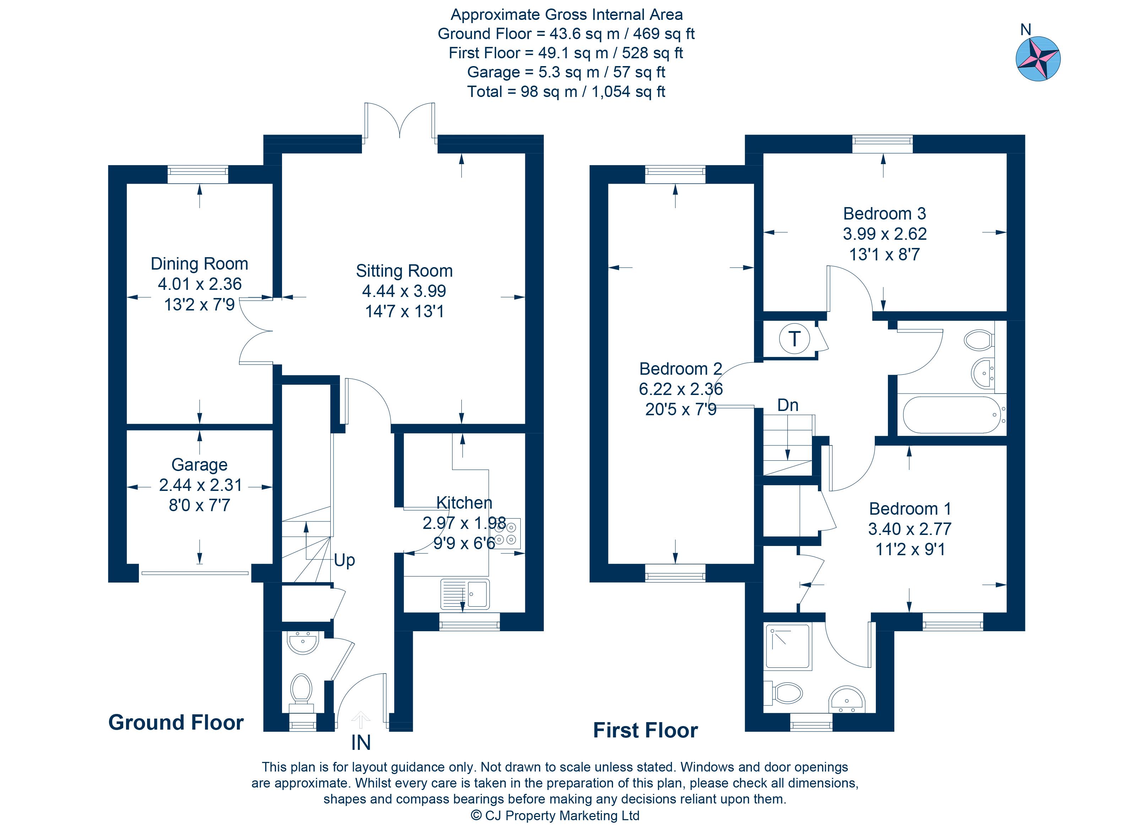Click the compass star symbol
pos(1038,59)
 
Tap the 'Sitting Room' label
pos(404,271)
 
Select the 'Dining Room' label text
pos(200,264)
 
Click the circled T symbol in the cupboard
pos(794,339)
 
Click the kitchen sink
pos(465,594)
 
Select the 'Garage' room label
pos(200,465)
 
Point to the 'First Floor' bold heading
pos(645,730)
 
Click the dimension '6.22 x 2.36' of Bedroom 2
pos(681,389)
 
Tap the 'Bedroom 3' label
pos(884,213)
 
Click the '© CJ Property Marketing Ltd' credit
pos(555,816)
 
